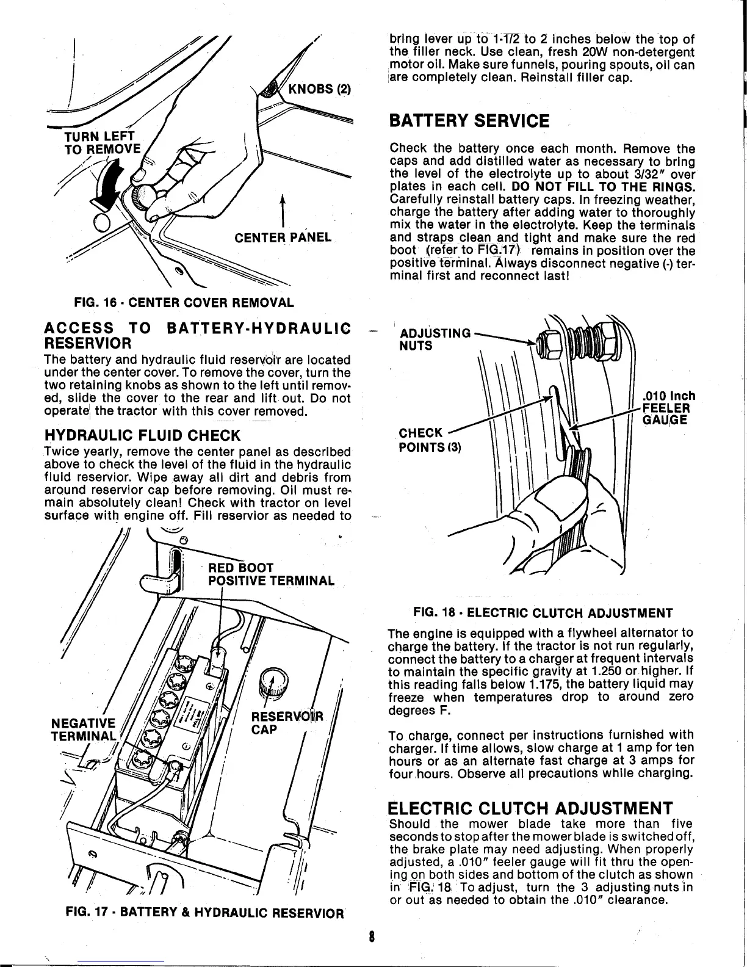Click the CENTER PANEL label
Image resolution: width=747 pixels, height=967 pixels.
[x=282, y=237]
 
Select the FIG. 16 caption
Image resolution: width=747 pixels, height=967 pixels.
[x=184, y=302]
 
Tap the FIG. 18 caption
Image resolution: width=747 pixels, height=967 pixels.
[x=543, y=612]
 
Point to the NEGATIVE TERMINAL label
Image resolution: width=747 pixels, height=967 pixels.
[x=83, y=727]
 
